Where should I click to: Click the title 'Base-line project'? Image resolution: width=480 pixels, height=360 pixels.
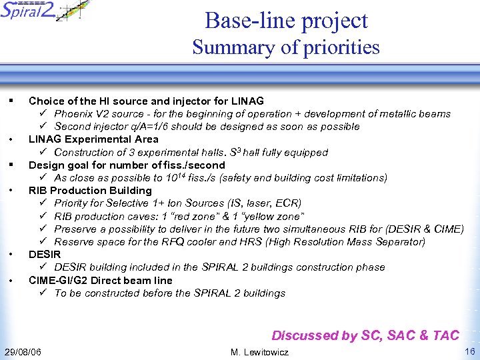click(x=286, y=21)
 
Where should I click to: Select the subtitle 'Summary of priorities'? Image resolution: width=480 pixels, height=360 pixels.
click(x=286, y=48)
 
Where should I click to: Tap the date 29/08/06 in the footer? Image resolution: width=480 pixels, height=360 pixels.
click(x=23, y=351)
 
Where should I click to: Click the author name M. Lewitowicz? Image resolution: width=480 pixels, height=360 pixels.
click(x=259, y=351)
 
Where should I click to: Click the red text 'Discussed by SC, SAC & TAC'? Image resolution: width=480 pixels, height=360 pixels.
click(x=365, y=335)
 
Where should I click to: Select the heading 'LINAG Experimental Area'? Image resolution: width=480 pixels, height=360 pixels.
click(x=93, y=139)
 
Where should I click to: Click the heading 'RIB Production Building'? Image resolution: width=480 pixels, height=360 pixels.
click(x=90, y=191)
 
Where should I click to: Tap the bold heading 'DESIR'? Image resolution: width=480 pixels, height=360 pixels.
click(x=45, y=255)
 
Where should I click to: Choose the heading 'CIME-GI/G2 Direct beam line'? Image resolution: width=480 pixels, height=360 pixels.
click(x=100, y=281)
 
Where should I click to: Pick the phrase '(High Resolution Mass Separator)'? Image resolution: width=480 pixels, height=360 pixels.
click(x=347, y=242)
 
